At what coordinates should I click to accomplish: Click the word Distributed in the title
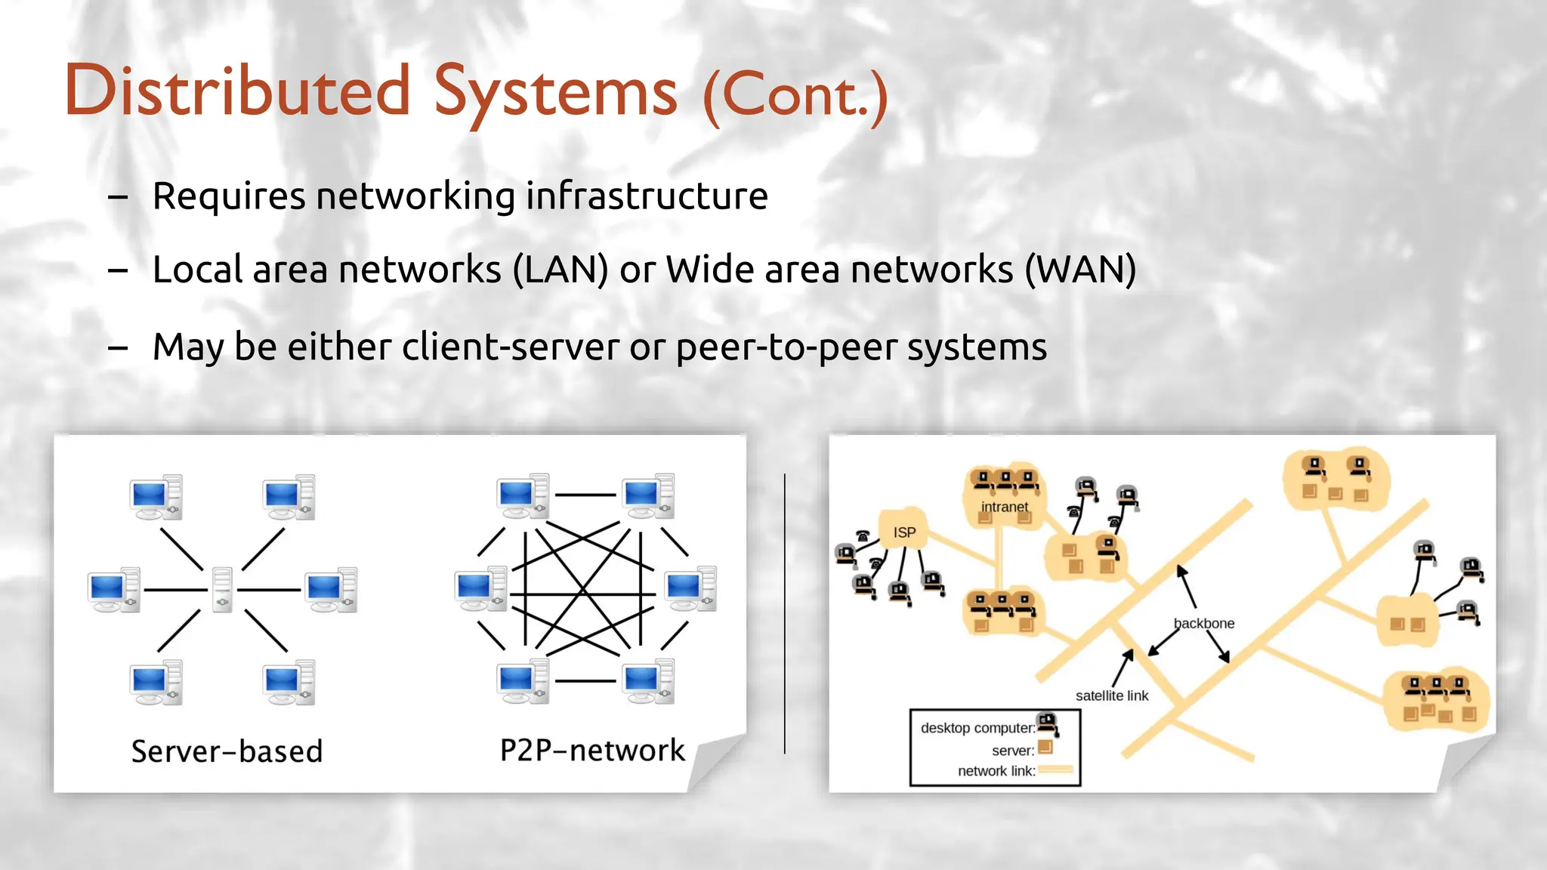[x=237, y=91]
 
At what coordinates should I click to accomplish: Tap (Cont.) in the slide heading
[x=795, y=96]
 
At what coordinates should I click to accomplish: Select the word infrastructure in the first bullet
[x=647, y=196]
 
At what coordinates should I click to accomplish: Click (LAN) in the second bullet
[x=560, y=270]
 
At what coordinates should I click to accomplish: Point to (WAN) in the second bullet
[x=1080, y=270]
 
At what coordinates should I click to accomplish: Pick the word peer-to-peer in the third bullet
[x=786, y=347]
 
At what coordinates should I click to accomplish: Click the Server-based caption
[x=227, y=751]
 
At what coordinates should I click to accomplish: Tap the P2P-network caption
[x=592, y=751]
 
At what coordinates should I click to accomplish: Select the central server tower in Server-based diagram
[x=222, y=589]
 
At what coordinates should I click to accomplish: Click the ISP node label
[x=904, y=532]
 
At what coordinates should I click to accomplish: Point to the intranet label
[x=1004, y=507]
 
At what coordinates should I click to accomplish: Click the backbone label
[x=1204, y=624]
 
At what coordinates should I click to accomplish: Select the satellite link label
[x=1111, y=696]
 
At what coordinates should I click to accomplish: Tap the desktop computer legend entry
[x=977, y=728]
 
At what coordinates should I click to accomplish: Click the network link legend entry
[x=996, y=771]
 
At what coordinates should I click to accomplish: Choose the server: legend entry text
[x=1012, y=751]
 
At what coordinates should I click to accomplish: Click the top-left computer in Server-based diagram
[x=156, y=497]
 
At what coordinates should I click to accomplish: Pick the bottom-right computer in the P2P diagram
[x=648, y=681]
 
